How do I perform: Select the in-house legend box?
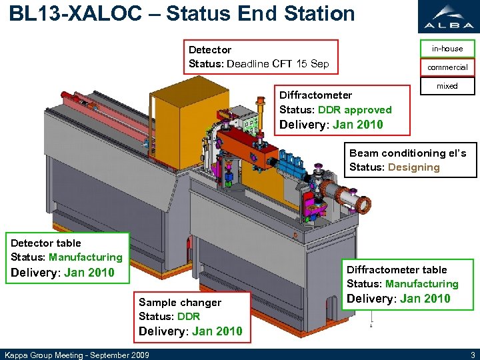coord(447,49)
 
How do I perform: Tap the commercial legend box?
coord(447,67)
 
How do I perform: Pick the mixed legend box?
coord(447,86)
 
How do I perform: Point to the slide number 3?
coord(472,354)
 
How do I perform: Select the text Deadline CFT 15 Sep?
coord(278,64)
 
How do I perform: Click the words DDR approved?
coord(355,110)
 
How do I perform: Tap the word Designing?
coord(414,167)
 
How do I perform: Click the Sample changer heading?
coord(180,303)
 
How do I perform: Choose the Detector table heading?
coord(46,243)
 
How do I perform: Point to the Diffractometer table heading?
coord(397,270)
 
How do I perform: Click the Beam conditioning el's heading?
coord(408,153)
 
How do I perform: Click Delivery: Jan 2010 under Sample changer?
coord(191,331)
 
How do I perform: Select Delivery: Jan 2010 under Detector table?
coord(63,273)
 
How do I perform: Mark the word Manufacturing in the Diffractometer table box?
coord(422,284)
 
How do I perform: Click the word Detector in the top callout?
coord(210,50)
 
